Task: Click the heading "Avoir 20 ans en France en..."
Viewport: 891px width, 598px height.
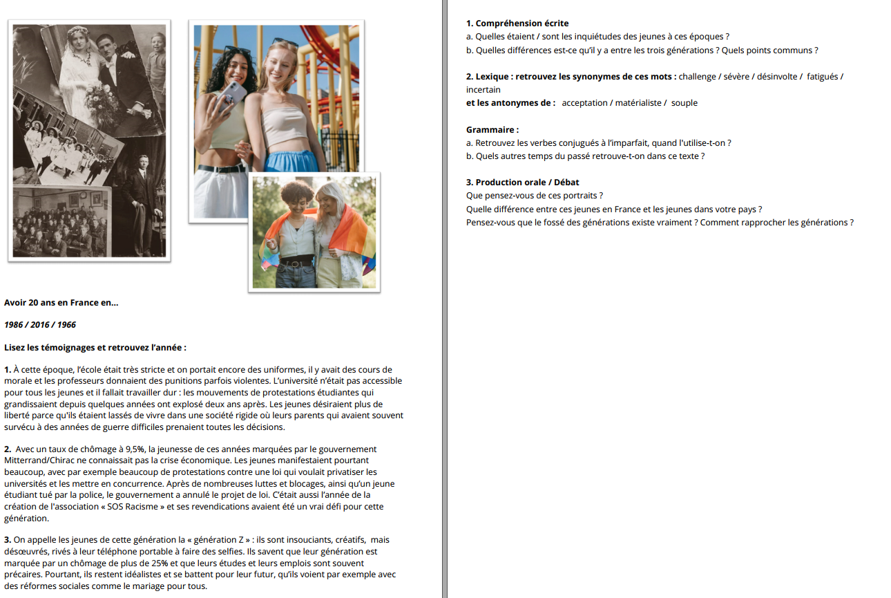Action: (61, 303)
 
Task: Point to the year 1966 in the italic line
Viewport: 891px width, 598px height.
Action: (66, 325)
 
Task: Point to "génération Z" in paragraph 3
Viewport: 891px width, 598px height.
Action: (223, 540)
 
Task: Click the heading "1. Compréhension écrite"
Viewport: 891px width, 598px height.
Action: (517, 24)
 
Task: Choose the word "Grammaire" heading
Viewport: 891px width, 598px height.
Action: (492, 129)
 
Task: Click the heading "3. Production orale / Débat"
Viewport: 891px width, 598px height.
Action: (522, 183)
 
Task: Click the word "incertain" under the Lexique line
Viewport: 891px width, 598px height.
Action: (483, 90)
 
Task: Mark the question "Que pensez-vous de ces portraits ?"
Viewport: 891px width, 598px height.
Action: (535, 196)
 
